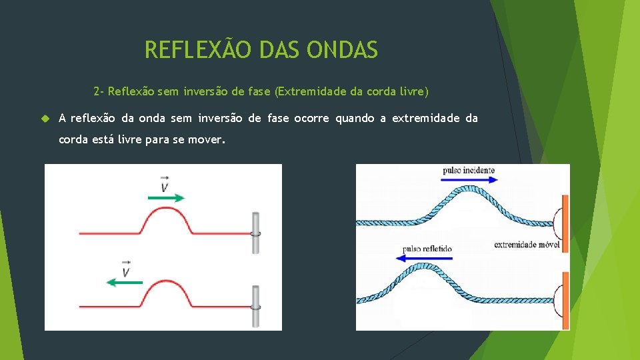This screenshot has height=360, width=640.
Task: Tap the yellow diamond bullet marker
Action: [45, 119]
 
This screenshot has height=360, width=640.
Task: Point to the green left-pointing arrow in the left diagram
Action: [125, 283]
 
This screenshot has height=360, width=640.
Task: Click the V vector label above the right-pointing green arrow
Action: [165, 184]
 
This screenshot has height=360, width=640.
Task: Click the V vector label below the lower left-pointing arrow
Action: [125, 269]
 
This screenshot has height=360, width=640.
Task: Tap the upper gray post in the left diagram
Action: [255, 233]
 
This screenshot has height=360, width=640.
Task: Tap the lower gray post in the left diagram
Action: [255, 306]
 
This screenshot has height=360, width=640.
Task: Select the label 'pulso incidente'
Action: [469, 171]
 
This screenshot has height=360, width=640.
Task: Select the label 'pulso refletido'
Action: [427, 249]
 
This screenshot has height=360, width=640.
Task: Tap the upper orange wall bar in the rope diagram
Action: [565, 223]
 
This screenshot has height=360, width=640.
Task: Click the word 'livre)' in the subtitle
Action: [413, 91]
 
